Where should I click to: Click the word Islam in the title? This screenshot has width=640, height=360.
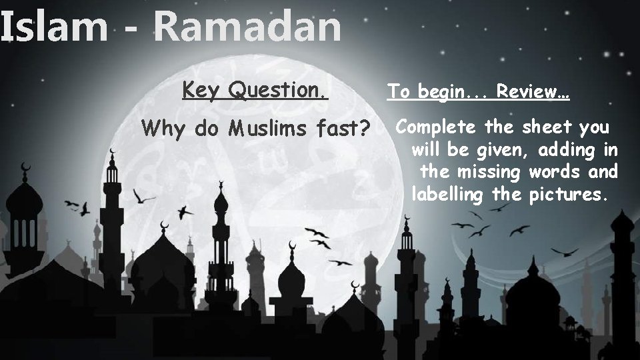pyautogui.click(x=53, y=28)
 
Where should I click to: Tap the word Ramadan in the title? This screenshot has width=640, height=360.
pyautogui.click(x=247, y=28)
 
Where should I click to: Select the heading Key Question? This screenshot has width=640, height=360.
pyautogui.click(x=255, y=90)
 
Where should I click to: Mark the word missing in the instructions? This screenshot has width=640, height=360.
pyautogui.click(x=490, y=172)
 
